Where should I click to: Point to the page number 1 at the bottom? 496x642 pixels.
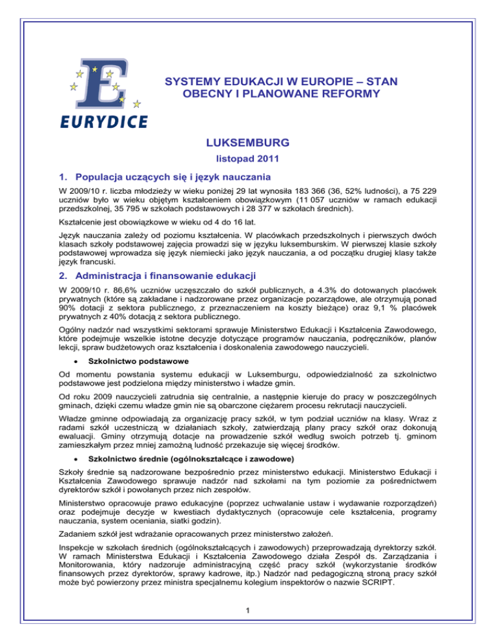coord(248,622)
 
